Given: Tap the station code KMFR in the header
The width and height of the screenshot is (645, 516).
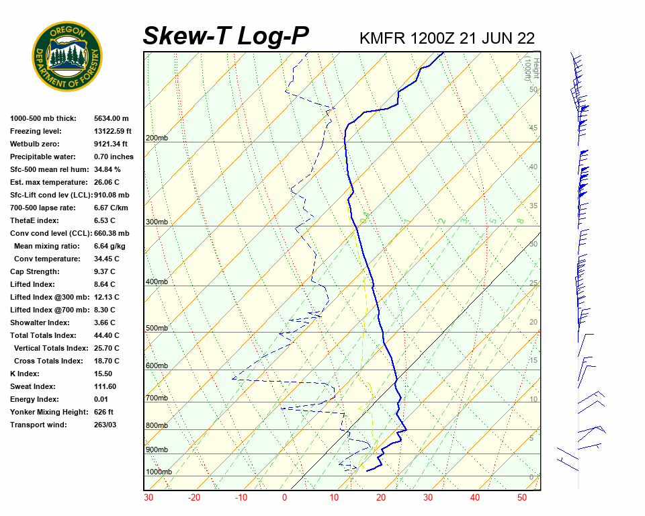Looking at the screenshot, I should (382, 38).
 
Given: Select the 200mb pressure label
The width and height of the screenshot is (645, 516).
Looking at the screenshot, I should (157, 138).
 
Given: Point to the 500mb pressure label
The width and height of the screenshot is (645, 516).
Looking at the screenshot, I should (157, 329).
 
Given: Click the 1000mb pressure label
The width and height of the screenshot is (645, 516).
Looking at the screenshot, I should (159, 472).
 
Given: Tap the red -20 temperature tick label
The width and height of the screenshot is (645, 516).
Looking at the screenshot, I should (194, 498).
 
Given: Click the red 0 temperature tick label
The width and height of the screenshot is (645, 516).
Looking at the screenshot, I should (285, 498).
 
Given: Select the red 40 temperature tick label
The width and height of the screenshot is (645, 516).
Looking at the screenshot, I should (475, 498).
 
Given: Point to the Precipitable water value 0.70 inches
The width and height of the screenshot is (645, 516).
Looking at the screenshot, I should (114, 157).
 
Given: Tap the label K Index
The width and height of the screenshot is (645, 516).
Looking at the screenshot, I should (25, 374).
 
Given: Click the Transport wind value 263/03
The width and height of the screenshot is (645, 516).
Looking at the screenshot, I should (106, 425).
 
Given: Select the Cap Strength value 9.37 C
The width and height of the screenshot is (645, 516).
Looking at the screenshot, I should (106, 271).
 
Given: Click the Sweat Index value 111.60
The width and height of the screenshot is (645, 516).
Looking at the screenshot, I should (105, 386).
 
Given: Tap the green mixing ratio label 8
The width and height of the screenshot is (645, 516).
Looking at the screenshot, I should (520, 220).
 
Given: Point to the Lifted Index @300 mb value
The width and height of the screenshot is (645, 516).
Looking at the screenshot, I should (107, 297).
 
